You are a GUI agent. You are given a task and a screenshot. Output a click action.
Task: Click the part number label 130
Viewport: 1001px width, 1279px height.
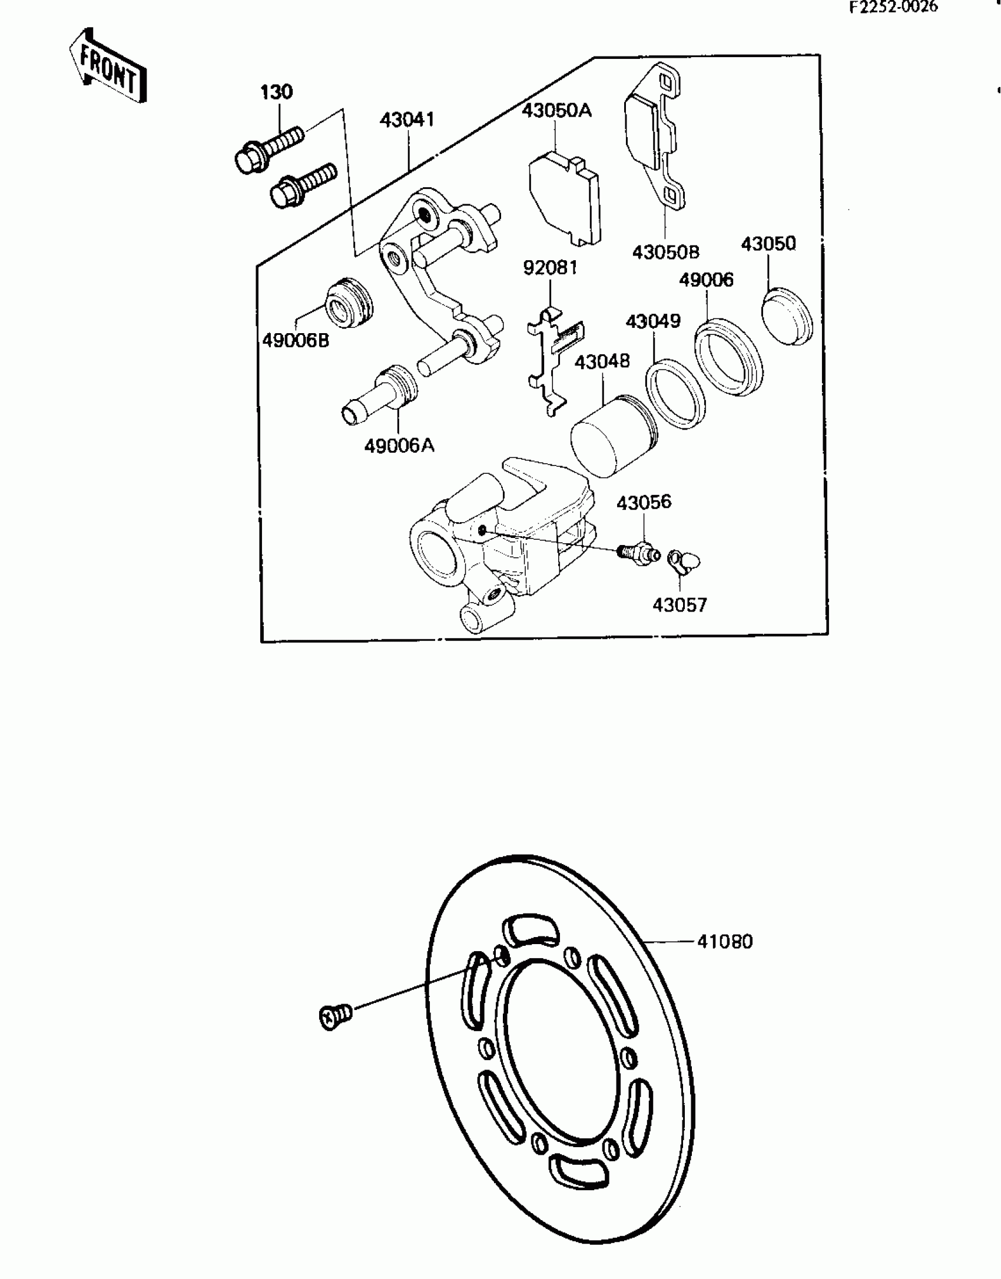[x=276, y=92]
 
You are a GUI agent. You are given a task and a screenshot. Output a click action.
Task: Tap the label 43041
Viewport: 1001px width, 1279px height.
[x=407, y=120]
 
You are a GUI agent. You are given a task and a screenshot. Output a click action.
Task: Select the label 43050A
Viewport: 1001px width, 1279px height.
[x=556, y=110]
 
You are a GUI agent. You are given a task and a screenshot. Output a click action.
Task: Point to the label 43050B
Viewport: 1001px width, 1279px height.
[x=665, y=252]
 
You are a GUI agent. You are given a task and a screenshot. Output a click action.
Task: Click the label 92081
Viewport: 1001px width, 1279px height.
[x=550, y=268]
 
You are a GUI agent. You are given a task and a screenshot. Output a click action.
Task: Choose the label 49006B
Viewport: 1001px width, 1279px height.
[x=296, y=340]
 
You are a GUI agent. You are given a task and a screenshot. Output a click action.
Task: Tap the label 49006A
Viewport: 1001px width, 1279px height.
[x=399, y=446]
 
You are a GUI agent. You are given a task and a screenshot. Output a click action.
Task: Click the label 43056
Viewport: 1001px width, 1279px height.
[x=644, y=502]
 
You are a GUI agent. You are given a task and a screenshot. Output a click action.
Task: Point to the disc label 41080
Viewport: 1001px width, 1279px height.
[x=725, y=942]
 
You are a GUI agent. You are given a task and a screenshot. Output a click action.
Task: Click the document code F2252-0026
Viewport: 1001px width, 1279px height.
[x=893, y=8]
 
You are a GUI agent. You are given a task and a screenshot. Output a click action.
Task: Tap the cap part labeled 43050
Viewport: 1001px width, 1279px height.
[x=787, y=316]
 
